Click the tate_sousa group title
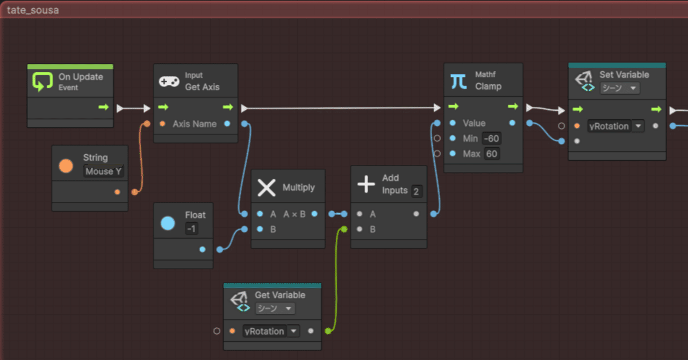point(33,10)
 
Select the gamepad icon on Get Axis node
point(169,82)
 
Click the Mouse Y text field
point(103,171)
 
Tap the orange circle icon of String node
point(66,165)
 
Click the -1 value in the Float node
point(191,229)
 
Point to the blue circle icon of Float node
point(168,223)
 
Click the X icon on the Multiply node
point(267,188)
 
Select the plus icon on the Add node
point(366,184)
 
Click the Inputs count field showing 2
point(417,191)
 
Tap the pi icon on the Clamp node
point(458,81)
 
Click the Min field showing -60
point(491,139)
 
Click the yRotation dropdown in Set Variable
point(615,126)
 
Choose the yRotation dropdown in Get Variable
point(271,331)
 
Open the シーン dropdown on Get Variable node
point(275,308)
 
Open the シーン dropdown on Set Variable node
point(619,88)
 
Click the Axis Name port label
point(195,124)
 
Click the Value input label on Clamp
point(474,123)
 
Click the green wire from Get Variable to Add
point(337,279)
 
